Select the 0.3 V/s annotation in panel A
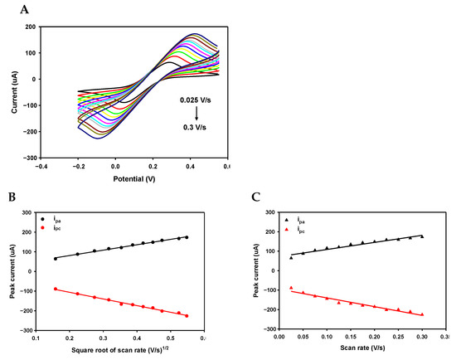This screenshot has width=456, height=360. click(x=196, y=129)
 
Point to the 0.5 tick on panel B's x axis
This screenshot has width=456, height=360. click(x=171, y=338)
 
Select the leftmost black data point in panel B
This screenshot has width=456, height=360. click(x=56, y=259)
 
